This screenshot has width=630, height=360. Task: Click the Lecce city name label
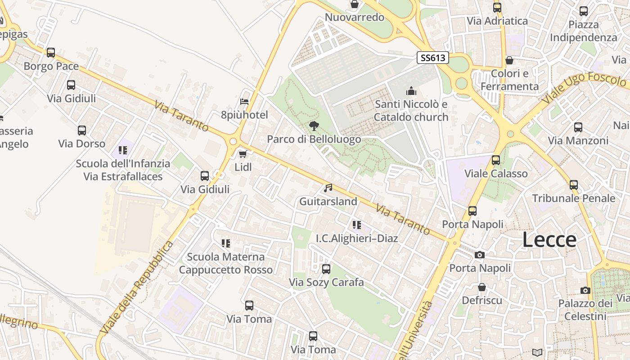549,240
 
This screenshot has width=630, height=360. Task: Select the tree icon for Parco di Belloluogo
314,126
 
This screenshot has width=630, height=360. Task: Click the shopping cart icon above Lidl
243,154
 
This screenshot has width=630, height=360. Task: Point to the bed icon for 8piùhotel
244,102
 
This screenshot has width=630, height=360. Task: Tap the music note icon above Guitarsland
328,188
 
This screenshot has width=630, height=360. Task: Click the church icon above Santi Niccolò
411,91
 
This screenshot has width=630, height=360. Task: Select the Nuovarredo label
355,18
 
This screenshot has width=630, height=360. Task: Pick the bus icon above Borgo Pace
51,53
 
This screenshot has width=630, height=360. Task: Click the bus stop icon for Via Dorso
81,130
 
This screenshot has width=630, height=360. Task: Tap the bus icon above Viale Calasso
496,160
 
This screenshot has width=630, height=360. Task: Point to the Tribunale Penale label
574,198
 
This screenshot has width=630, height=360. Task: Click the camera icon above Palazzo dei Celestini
585,290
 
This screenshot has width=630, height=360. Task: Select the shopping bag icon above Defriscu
482,287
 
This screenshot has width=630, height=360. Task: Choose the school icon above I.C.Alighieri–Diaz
357,225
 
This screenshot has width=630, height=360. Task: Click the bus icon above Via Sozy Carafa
326,269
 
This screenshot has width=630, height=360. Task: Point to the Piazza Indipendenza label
584,31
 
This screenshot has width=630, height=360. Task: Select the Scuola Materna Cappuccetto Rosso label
226,263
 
